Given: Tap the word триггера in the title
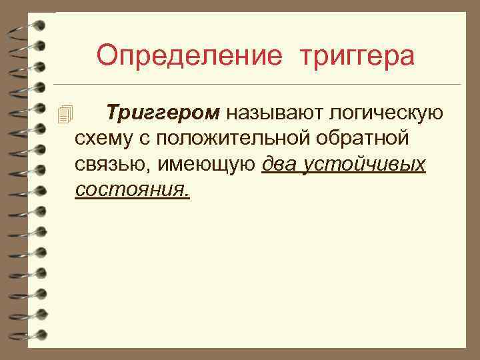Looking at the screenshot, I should click(x=357, y=55).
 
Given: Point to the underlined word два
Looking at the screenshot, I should click(x=280, y=165).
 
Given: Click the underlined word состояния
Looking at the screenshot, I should click(x=130, y=190).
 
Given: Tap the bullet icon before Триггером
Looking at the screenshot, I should click(x=64, y=114).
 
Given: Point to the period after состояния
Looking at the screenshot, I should click(x=187, y=195).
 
